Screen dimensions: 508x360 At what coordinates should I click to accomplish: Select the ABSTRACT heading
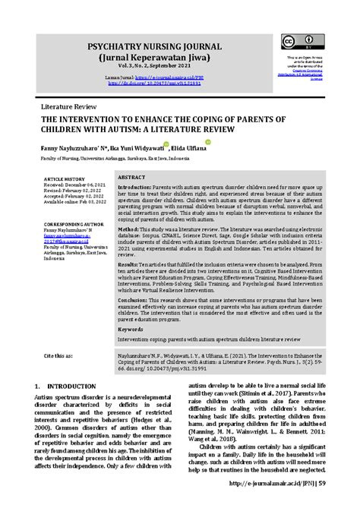coord(131,176)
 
